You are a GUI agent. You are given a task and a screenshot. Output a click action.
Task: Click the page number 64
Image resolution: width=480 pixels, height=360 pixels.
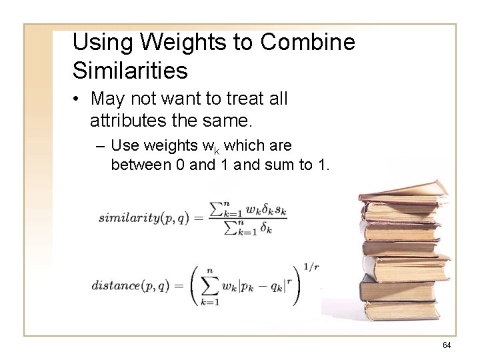point(447,345)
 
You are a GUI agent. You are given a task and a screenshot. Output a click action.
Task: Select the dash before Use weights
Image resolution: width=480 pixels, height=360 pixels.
point(100,145)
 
